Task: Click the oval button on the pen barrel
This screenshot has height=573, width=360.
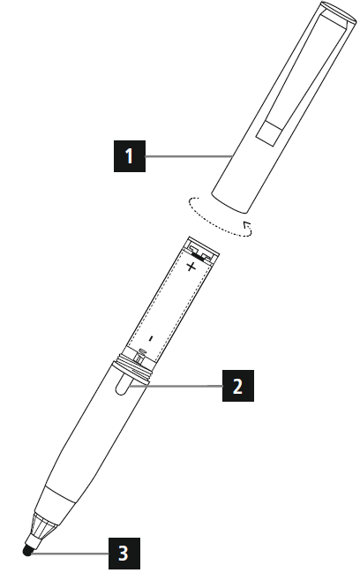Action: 123,385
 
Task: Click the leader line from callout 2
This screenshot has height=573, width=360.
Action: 181,385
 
